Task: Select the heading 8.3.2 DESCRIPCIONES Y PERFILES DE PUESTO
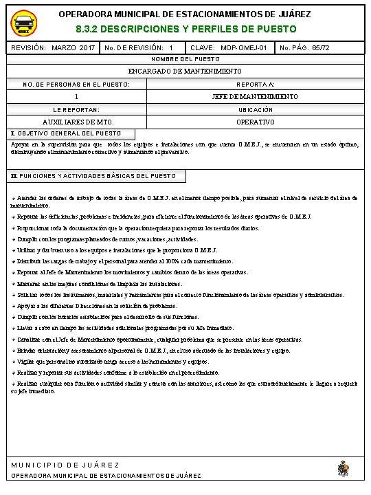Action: click(x=185, y=30)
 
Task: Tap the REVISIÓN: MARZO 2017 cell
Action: click(x=53, y=49)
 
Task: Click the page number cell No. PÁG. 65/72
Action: click(x=305, y=49)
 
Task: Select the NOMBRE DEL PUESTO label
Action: click(x=185, y=60)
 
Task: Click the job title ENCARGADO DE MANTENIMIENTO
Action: click(x=185, y=71)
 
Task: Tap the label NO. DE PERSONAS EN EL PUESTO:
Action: click(x=76, y=85)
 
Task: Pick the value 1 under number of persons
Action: click(x=76, y=97)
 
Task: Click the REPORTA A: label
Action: click(x=256, y=85)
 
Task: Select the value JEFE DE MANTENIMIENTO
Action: click(x=256, y=97)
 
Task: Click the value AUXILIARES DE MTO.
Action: click(x=76, y=122)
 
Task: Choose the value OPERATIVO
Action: click(x=256, y=122)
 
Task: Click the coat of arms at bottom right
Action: click(x=343, y=470)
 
